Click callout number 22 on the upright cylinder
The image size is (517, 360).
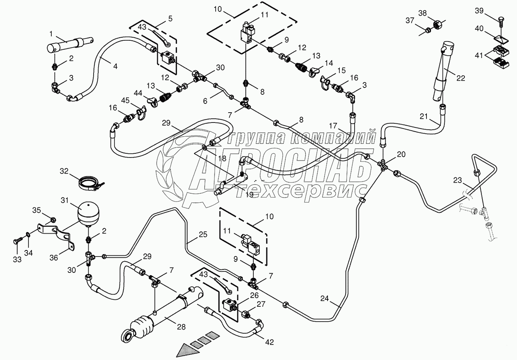pyautogui.click(x=461, y=78)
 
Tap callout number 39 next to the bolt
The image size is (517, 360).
pyautogui.click(x=479, y=11)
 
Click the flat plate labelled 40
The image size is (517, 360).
pyautogui.click(x=500, y=39)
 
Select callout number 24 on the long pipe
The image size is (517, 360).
pyautogui.click(x=324, y=298)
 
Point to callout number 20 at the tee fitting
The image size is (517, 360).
pyautogui.click(x=401, y=154)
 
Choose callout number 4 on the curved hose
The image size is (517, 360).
pyautogui.click(x=115, y=65)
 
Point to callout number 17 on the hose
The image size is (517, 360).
pyautogui.click(x=333, y=125)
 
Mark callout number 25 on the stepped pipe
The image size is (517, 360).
pyautogui.click(x=203, y=235)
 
